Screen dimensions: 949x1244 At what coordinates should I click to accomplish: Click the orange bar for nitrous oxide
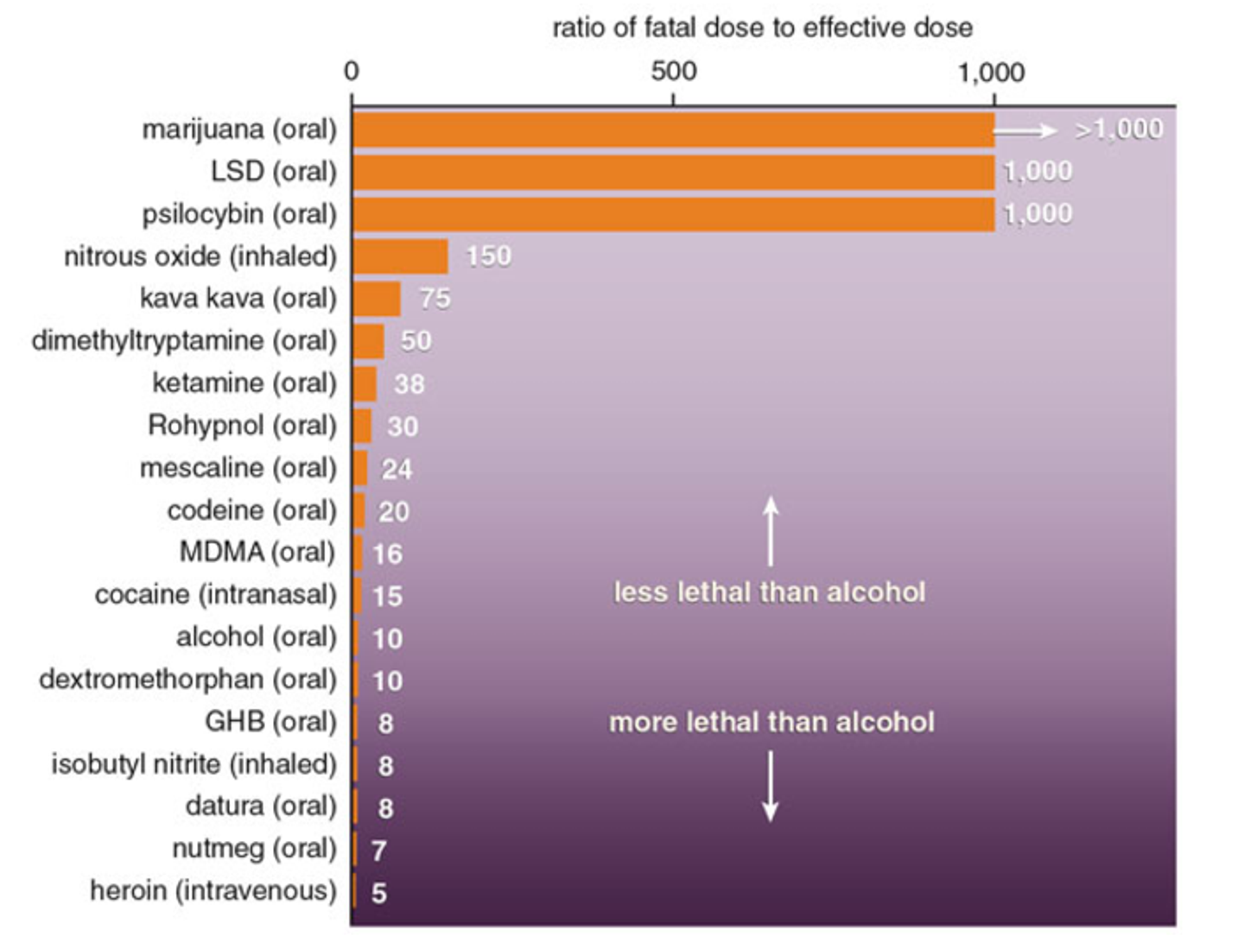(401, 256)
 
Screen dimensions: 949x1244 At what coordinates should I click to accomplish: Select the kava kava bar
(378, 299)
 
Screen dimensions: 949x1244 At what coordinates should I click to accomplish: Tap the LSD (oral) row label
(273, 171)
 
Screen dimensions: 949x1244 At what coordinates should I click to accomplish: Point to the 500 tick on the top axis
(673, 71)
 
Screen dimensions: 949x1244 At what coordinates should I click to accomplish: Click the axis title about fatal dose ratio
(762, 28)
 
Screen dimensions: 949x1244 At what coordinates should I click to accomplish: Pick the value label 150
(488, 256)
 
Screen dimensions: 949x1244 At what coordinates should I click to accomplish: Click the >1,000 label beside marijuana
(1119, 130)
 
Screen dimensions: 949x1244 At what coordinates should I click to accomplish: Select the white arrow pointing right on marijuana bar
(1025, 130)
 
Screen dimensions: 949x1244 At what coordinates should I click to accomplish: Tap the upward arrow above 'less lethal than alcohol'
(771, 531)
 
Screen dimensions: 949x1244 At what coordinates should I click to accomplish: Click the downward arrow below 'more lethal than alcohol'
(771, 787)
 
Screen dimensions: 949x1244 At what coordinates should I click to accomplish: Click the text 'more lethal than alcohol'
(771, 722)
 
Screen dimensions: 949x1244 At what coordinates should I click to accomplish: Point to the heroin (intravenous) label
(213, 890)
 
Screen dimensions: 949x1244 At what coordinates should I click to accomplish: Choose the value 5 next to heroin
(379, 893)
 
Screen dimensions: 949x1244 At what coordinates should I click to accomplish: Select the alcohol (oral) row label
(256, 637)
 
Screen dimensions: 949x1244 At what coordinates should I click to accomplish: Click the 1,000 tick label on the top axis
(990, 73)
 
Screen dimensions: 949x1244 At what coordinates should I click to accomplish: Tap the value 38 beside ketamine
(409, 384)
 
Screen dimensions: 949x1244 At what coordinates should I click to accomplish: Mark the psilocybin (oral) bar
(674, 214)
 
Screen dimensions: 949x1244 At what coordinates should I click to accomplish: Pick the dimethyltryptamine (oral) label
(183, 341)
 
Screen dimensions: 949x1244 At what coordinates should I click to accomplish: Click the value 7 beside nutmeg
(378, 851)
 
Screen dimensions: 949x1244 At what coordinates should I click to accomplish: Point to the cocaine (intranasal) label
(215, 595)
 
